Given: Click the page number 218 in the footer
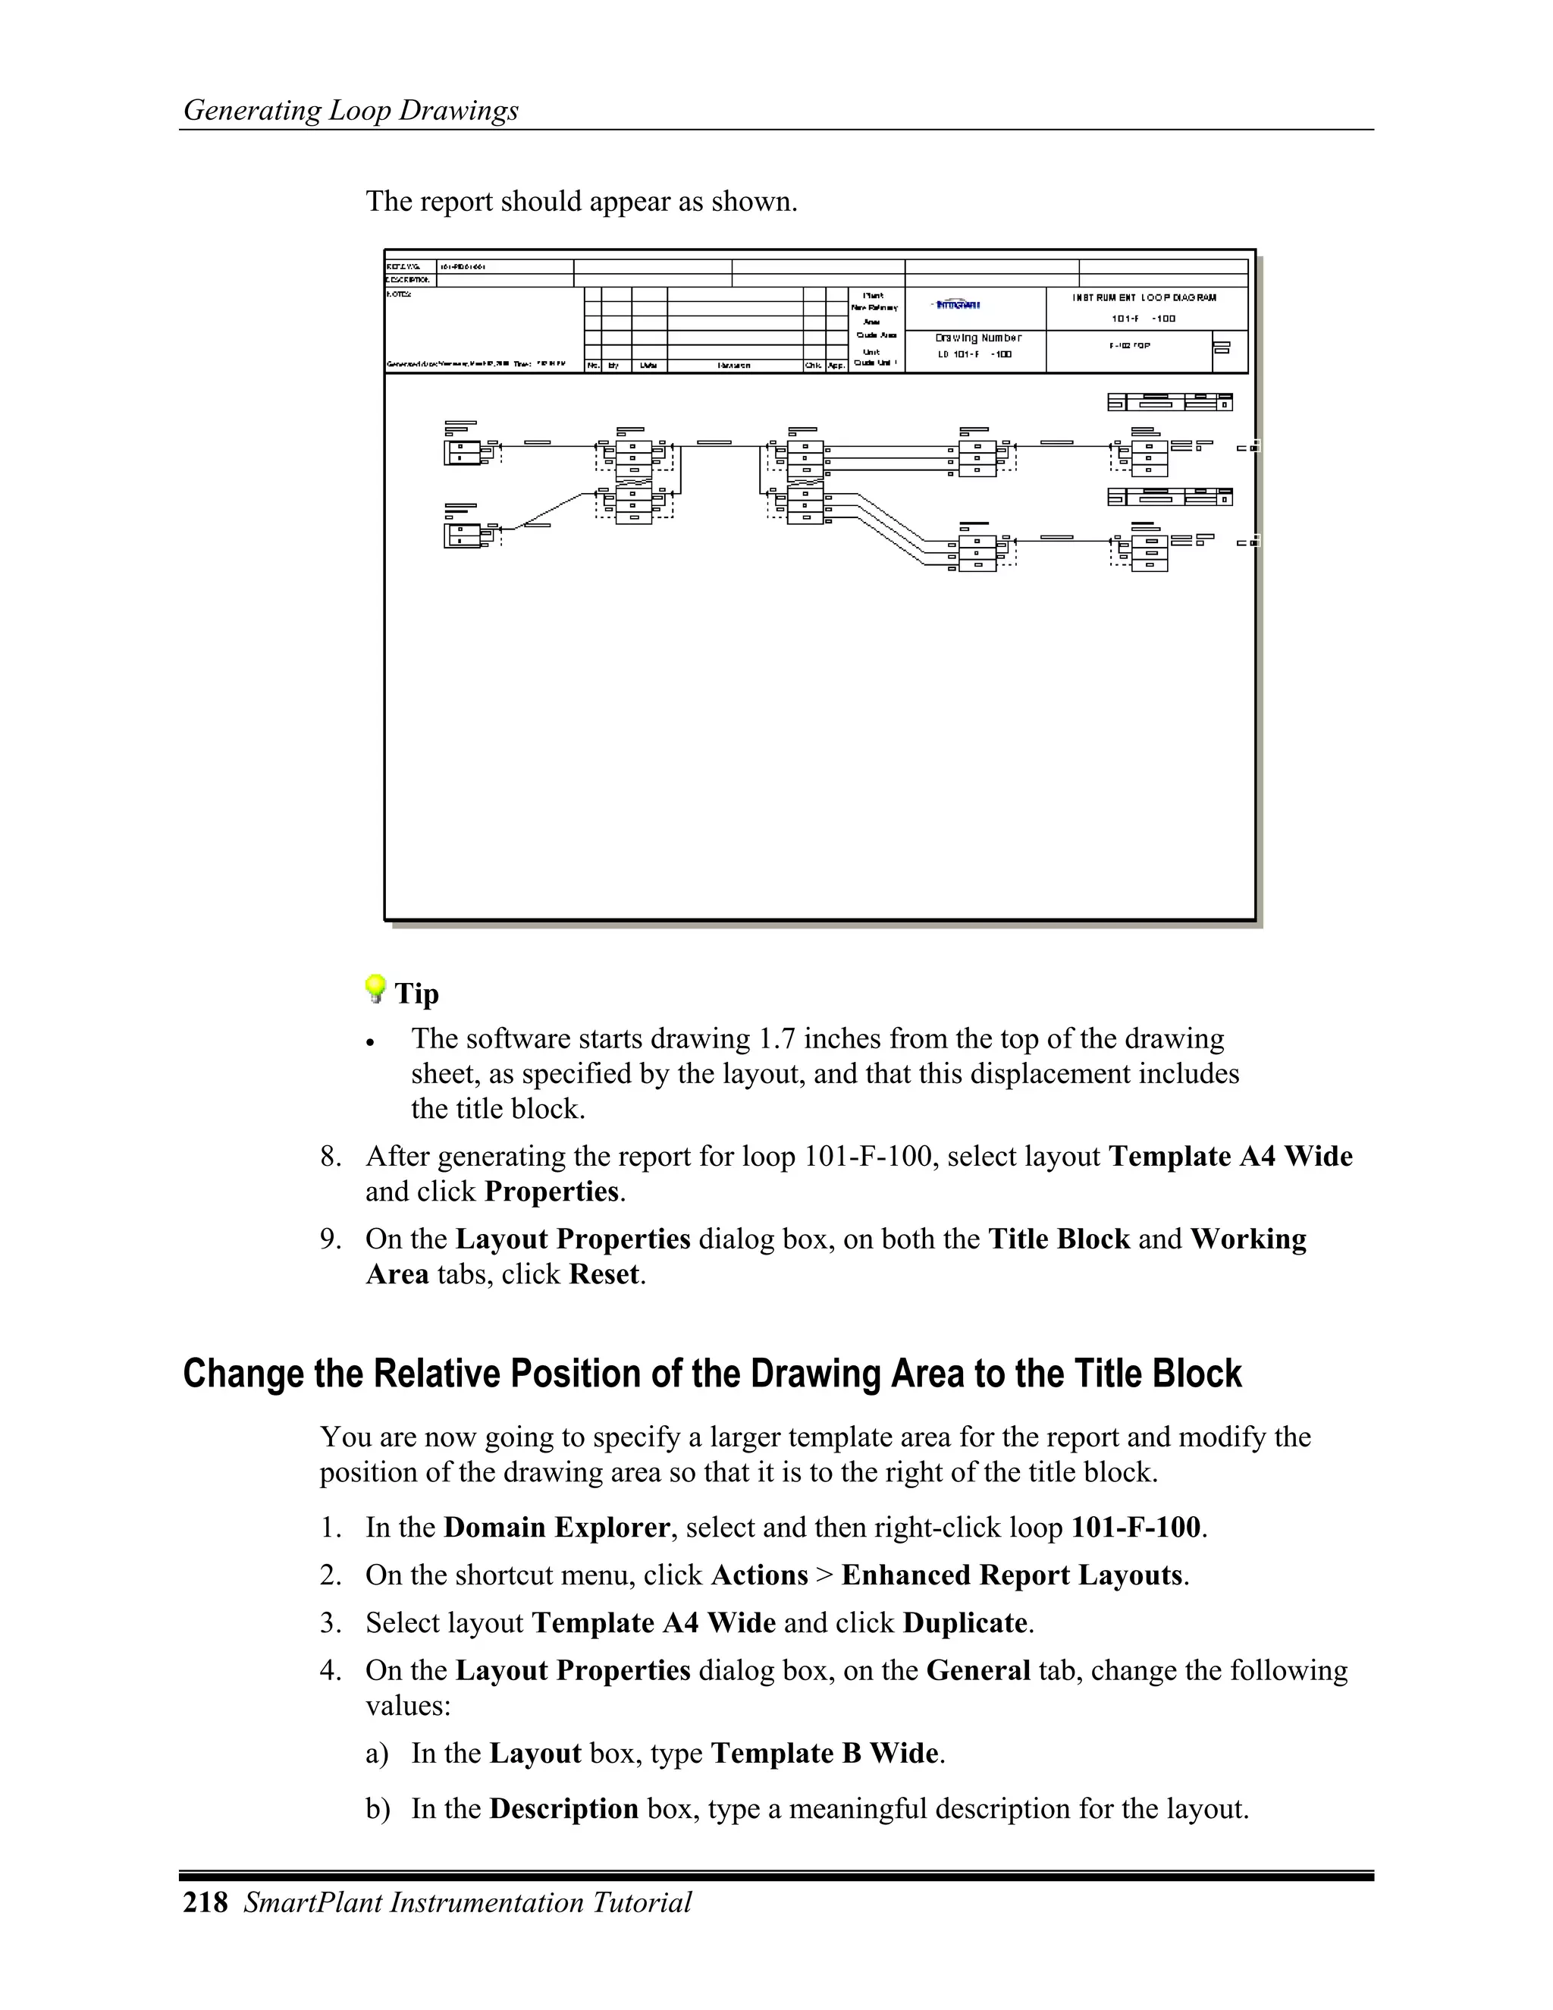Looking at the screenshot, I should pyautogui.click(x=205, y=1902).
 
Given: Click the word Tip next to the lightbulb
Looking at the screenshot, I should pyautogui.click(x=417, y=994).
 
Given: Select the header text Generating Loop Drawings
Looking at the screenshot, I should pyautogui.click(x=350, y=111).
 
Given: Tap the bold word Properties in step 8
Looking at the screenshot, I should pyautogui.click(x=552, y=1192).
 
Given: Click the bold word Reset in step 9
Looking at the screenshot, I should pyautogui.click(x=604, y=1275).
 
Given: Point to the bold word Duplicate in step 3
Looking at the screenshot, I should pyautogui.click(x=965, y=1622).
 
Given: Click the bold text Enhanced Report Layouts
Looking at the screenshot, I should pyautogui.click(x=1011, y=1575).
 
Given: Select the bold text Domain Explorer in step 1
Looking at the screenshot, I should pyautogui.click(x=557, y=1528).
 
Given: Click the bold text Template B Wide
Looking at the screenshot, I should pyautogui.click(x=824, y=1753).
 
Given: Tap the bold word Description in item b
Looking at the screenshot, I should pyautogui.click(x=563, y=1808).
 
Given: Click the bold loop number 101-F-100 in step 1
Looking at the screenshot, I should pyautogui.click(x=1135, y=1528).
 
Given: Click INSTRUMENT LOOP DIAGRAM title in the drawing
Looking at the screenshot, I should pyautogui.click(x=1144, y=298).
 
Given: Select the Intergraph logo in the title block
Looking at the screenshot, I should pyautogui.click(x=957, y=305).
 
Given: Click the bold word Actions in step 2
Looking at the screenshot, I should pyautogui.click(x=759, y=1575).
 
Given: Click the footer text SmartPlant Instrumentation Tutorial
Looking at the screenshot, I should pyautogui.click(x=467, y=1902).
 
